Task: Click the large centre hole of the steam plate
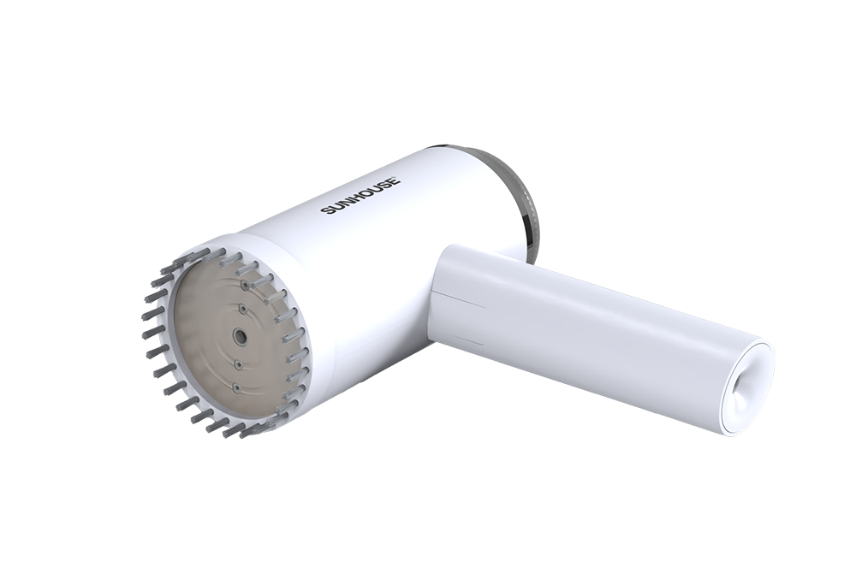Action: click(x=240, y=338)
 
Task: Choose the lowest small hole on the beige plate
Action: click(x=236, y=390)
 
